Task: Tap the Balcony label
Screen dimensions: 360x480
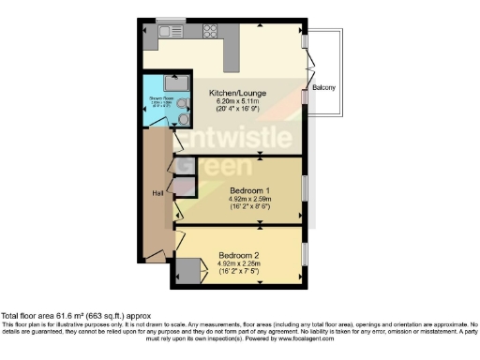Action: (324, 89)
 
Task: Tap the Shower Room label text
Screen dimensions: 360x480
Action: (157, 97)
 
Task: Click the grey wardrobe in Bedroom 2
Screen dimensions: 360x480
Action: (189, 273)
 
